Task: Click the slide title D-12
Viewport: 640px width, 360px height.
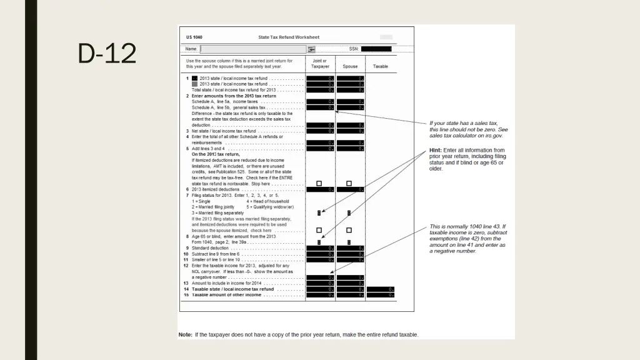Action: pyautogui.click(x=107, y=54)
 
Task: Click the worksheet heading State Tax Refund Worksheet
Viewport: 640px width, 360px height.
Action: pyautogui.click(x=289, y=37)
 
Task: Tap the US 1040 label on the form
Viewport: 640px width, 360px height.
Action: pyautogui.click(x=194, y=37)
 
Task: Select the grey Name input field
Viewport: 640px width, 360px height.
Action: pyautogui.click(x=253, y=49)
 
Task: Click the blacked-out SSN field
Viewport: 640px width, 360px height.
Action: pyautogui.click(x=376, y=49)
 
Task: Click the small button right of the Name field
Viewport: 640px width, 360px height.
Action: pyautogui.click(x=311, y=49)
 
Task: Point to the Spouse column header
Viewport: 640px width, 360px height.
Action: pyautogui.click(x=350, y=66)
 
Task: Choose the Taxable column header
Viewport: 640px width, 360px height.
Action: pyautogui.click(x=381, y=66)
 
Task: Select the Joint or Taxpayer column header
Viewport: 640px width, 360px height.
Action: pyautogui.click(x=320, y=64)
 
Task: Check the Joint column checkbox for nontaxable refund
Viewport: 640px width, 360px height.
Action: pyautogui.click(x=319, y=184)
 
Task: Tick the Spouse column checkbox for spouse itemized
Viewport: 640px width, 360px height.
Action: pyautogui.click(x=349, y=230)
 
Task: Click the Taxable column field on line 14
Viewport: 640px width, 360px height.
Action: pyautogui.click(x=381, y=289)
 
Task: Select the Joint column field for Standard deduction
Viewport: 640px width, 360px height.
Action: pyautogui.click(x=320, y=249)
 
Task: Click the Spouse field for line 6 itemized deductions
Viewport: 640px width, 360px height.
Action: pyautogui.click(x=350, y=189)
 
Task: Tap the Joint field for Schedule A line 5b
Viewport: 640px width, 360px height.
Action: pyautogui.click(x=320, y=107)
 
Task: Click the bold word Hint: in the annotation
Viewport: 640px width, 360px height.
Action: pyautogui.click(x=436, y=150)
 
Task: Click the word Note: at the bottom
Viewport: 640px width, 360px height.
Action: pyautogui.click(x=186, y=335)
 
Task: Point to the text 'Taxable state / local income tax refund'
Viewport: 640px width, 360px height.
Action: pyautogui.click(x=232, y=289)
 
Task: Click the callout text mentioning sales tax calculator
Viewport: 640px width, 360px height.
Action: pyautogui.click(x=468, y=129)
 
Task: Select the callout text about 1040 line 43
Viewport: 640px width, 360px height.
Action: pyautogui.click(x=467, y=239)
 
